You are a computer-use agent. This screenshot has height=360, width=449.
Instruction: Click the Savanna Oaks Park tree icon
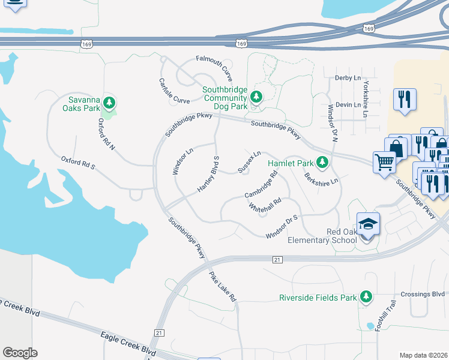109,101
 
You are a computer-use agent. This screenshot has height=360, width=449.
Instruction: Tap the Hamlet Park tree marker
322,162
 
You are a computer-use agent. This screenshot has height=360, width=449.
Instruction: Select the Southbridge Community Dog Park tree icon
256,97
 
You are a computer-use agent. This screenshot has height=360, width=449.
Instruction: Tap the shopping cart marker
384,161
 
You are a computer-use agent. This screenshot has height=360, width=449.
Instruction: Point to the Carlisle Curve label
174,91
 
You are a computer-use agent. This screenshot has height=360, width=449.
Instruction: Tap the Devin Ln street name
348,104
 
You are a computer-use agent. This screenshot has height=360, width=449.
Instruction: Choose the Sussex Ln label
249,162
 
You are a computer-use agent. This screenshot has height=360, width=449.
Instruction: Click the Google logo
20,353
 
